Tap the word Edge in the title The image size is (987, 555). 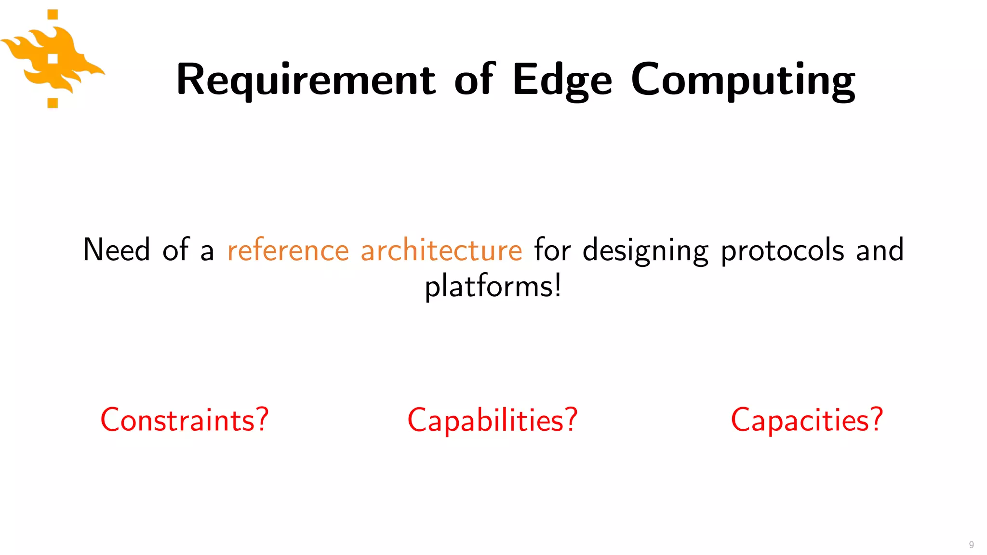click(x=562, y=79)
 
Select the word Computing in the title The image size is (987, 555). click(x=743, y=79)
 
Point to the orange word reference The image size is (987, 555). click(x=288, y=251)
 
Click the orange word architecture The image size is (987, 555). click(x=441, y=251)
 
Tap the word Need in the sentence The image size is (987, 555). click(x=117, y=251)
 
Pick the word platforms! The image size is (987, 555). click(x=493, y=286)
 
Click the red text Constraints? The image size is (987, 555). click(x=184, y=420)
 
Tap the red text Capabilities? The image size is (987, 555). click(x=492, y=420)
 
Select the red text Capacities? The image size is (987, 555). click(x=807, y=420)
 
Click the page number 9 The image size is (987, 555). click(x=971, y=544)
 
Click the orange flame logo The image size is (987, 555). click(x=53, y=60)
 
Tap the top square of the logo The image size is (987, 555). click(x=53, y=14)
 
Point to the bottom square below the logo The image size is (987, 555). click(x=53, y=103)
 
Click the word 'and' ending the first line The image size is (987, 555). click(x=880, y=251)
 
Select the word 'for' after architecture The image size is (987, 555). click(x=552, y=251)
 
